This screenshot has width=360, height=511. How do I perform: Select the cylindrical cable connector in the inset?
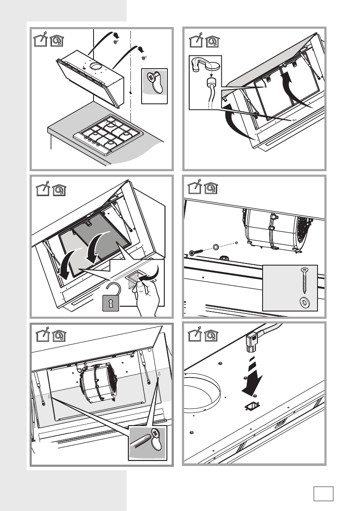tap(210, 83)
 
